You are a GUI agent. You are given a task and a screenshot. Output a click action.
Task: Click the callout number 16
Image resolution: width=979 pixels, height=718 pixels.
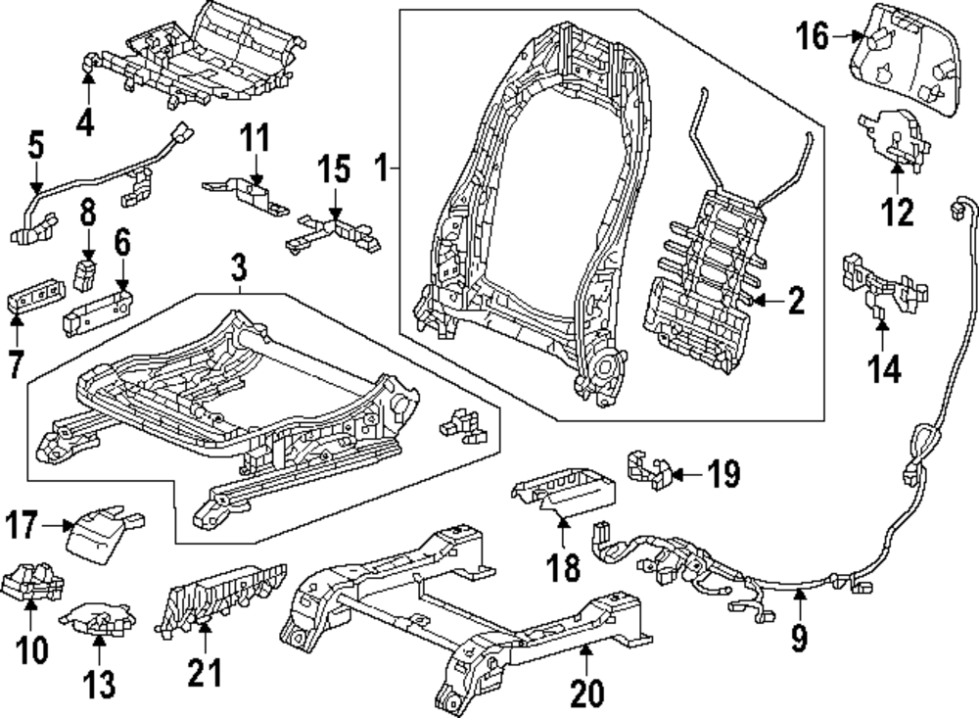click(811, 38)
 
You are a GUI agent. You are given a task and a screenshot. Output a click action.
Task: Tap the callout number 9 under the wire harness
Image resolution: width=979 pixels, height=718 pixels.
click(800, 639)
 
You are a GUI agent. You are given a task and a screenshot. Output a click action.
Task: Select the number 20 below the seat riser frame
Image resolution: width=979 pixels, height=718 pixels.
click(588, 693)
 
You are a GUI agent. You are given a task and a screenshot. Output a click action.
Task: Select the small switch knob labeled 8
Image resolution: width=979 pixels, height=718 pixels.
click(88, 273)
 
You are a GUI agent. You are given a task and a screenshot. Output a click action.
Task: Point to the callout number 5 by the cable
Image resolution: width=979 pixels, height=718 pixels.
click(36, 147)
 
